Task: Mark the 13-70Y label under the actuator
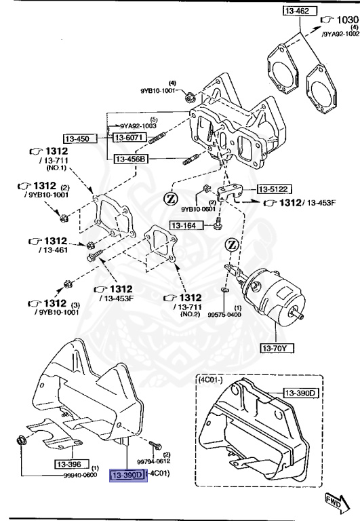[x=276, y=349]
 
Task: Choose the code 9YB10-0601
[x=196, y=209]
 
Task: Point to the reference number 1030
[x=347, y=20]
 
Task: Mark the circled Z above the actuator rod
[x=233, y=245]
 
